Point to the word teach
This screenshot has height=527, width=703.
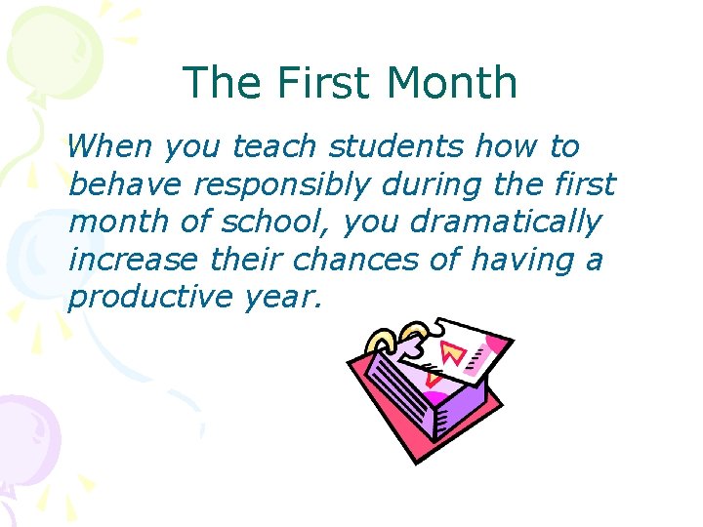(275, 147)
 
